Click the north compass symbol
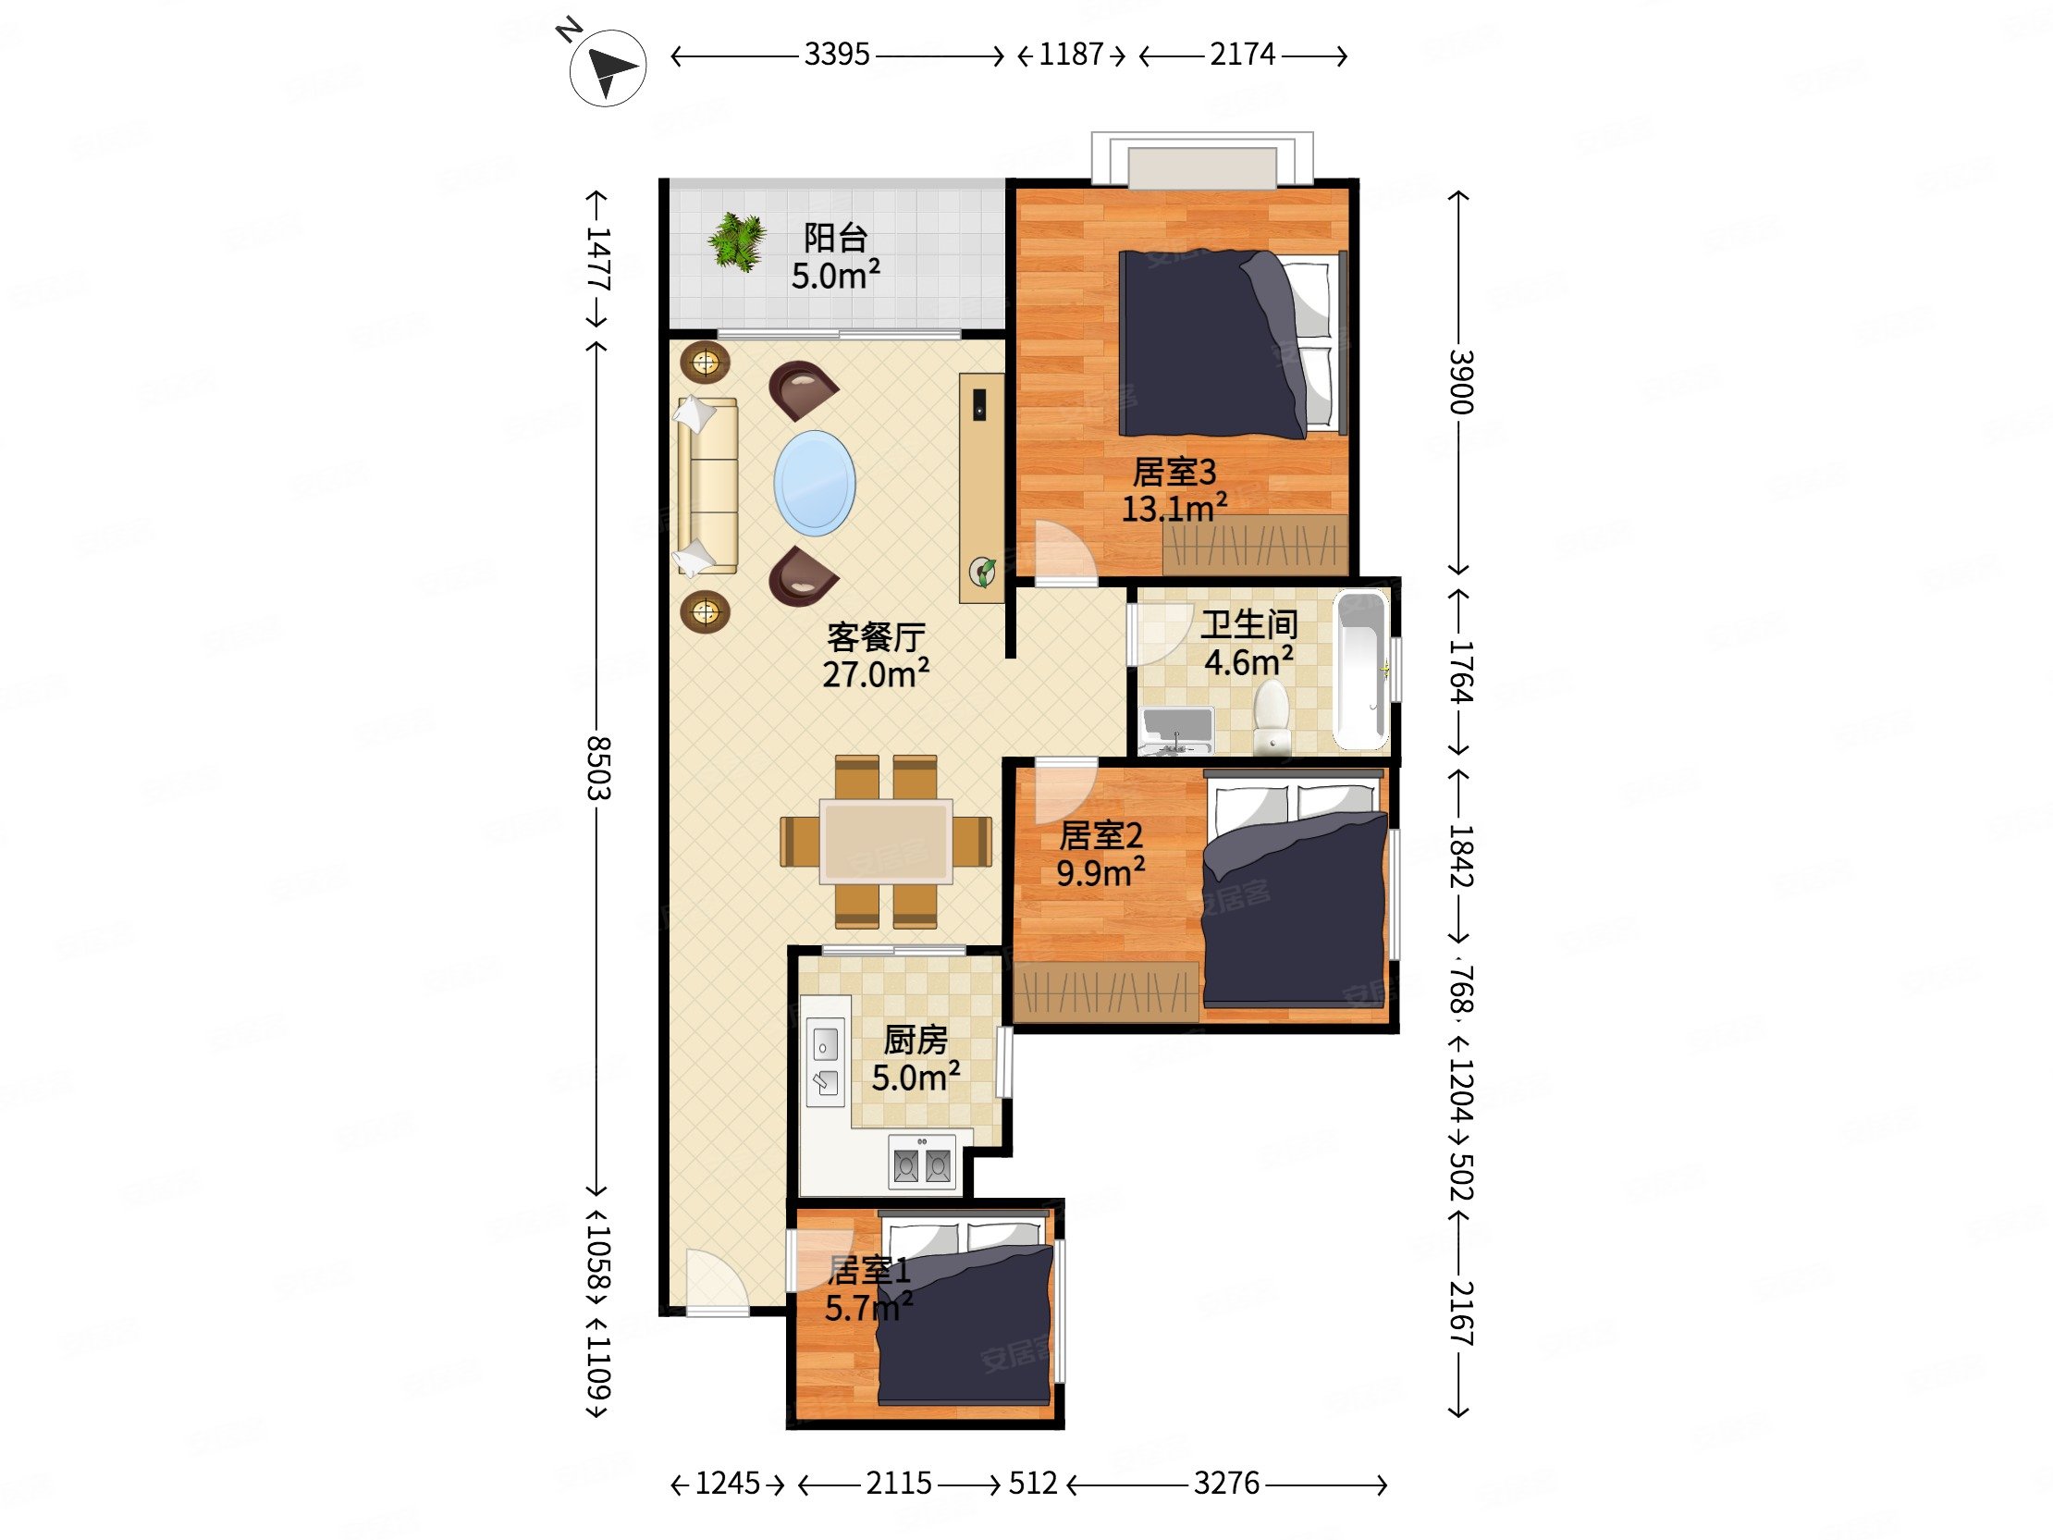[607, 67]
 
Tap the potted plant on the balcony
[737, 240]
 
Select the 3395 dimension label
[836, 55]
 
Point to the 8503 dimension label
[597, 768]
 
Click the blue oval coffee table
[814, 483]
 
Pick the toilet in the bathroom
[1271, 717]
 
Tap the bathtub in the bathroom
[1360, 671]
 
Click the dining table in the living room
[885, 841]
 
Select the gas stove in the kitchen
[922, 1163]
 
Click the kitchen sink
[825, 1062]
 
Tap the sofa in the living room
[707, 487]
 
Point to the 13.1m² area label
[1174, 510]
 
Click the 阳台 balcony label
[835, 238]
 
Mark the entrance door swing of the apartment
[718, 1282]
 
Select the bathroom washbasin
[1177, 731]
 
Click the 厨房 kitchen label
[916, 1040]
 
